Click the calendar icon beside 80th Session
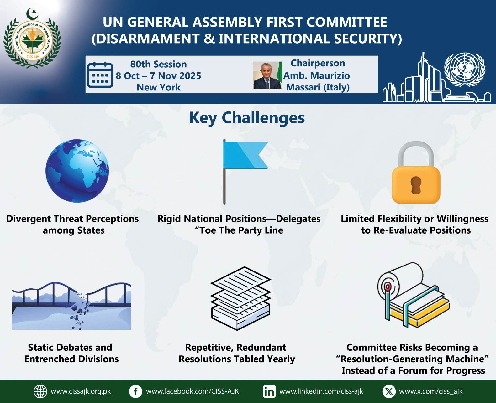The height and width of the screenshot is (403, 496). [x=100, y=75]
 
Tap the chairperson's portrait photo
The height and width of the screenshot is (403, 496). [x=267, y=75]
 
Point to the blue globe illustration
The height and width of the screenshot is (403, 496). [x=77, y=171]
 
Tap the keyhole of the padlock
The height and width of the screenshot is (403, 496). [x=416, y=185]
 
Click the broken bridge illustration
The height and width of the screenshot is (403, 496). [x=71, y=306]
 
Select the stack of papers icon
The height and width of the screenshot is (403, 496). [x=241, y=298]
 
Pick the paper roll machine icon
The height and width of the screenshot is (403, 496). [x=413, y=295]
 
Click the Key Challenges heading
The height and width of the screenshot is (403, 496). [x=247, y=118]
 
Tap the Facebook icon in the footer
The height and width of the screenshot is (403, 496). [x=135, y=391]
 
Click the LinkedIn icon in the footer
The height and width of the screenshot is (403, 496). [x=269, y=391]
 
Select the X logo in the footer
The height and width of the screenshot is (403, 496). [x=389, y=391]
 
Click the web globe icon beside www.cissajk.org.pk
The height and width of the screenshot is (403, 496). [x=40, y=391]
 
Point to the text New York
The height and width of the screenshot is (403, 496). [x=159, y=87]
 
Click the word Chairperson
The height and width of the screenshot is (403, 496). [x=318, y=63]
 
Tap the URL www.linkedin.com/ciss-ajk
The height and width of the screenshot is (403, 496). [x=321, y=391]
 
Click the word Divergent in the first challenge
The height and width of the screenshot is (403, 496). [x=29, y=219]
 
